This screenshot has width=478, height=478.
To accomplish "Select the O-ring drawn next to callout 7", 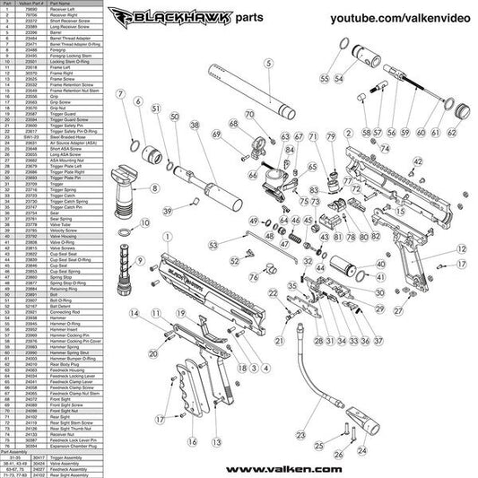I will point(131,147).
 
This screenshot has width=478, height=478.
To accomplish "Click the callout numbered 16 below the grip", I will point(192,442).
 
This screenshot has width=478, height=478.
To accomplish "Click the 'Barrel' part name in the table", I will point(69,32).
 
